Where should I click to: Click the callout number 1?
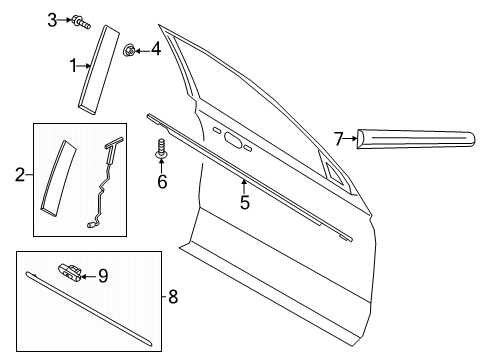[x=72, y=66]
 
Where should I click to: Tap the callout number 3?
[x=52, y=19]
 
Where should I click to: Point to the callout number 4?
[x=155, y=49]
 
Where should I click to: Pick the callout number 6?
[x=160, y=181]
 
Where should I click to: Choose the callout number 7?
[x=339, y=137]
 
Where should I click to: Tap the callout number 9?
[x=101, y=275]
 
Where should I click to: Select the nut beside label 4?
[x=130, y=49]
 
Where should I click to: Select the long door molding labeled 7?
[x=414, y=137]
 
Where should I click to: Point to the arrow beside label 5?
[x=243, y=187]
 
